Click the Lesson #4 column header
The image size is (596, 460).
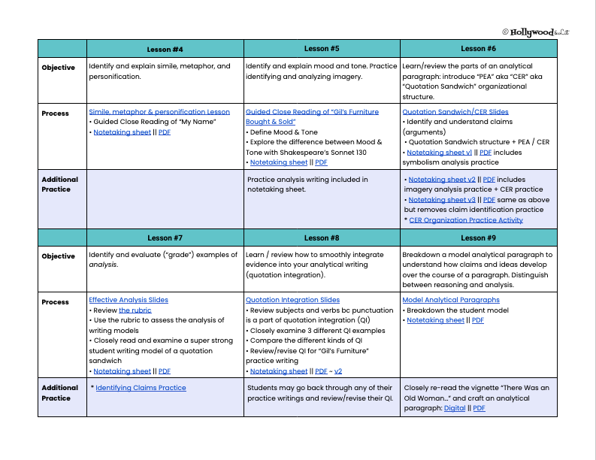click(x=165, y=50)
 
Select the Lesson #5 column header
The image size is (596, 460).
click(x=322, y=49)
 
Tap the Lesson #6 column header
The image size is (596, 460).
click(x=479, y=49)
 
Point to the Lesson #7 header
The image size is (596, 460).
click(x=165, y=238)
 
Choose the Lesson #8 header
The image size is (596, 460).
click(x=322, y=238)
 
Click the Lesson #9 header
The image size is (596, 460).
click(x=479, y=238)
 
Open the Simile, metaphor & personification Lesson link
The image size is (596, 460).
click(x=159, y=112)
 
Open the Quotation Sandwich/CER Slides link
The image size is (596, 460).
click(x=455, y=112)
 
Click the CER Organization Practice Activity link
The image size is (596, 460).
click(x=466, y=220)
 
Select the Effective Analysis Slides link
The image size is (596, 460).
click(x=129, y=300)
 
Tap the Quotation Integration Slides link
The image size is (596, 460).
click(x=292, y=300)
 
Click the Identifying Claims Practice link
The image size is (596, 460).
click(x=141, y=388)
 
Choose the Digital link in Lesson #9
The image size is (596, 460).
click(x=455, y=408)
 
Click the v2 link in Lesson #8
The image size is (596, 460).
click(x=338, y=371)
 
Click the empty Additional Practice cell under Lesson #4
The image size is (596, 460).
click(x=165, y=198)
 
